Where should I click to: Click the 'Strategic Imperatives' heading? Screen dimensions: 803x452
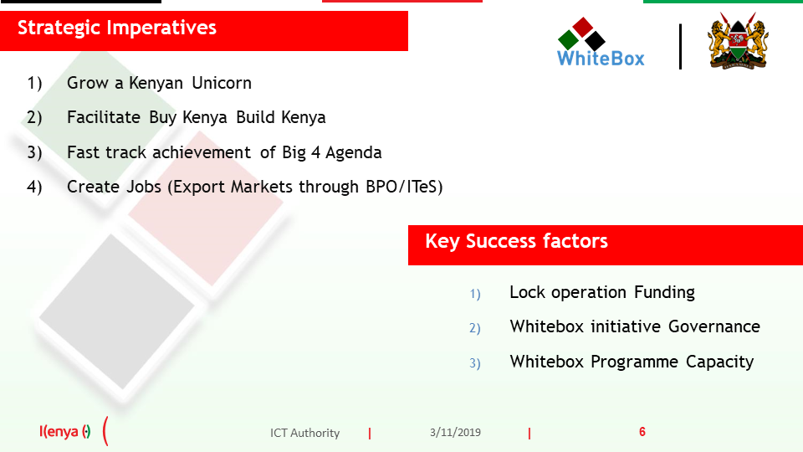click(x=117, y=28)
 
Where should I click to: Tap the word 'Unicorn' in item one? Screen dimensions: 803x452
click(x=222, y=83)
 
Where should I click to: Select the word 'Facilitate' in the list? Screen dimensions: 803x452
click(x=104, y=117)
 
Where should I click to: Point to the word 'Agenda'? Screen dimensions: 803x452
click(x=353, y=152)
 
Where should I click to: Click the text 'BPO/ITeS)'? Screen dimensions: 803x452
click(x=404, y=187)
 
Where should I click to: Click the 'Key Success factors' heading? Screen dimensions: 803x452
click(x=516, y=241)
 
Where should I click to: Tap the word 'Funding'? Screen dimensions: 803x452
click(x=664, y=292)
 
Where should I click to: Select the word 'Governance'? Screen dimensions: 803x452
click(x=713, y=326)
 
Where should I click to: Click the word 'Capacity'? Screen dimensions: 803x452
click(x=719, y=362)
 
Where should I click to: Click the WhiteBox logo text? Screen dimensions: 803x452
click(x=601, y=59)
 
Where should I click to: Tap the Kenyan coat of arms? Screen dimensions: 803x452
click(x=738, y=41)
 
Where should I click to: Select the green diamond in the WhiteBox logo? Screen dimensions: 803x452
click(x=568, y=39)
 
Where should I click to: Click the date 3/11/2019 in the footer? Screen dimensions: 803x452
click(x=455, y=433)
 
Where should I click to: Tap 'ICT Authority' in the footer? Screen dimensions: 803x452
click(x=304, y=433)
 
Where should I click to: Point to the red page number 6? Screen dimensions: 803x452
click(x=642, y=432)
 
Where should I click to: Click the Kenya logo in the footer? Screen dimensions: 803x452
click(x=65, y=432)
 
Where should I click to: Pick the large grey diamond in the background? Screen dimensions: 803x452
click(x=117, y=311)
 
